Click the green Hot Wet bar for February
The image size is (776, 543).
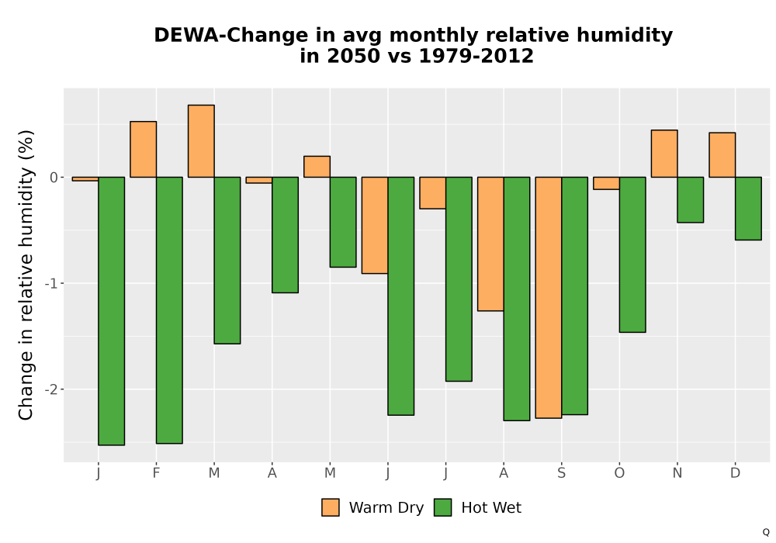169,310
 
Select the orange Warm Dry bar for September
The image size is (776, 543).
549,298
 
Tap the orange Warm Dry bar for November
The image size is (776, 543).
664,154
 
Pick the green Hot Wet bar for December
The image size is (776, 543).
748,208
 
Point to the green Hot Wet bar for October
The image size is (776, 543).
632,254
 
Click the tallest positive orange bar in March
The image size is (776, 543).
201,141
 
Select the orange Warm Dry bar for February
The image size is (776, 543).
143,150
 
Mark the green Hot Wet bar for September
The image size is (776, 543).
574,296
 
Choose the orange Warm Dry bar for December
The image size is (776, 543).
722,155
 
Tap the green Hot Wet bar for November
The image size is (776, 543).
691,200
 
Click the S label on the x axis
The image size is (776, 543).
561,473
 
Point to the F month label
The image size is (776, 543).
156,473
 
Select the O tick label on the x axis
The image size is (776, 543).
619,473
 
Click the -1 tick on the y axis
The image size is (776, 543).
51,283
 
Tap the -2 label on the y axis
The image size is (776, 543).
51,389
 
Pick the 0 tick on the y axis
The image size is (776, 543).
54,178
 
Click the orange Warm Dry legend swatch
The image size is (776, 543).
331,507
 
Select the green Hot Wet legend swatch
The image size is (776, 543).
443,507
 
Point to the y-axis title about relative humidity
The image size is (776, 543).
26,275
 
